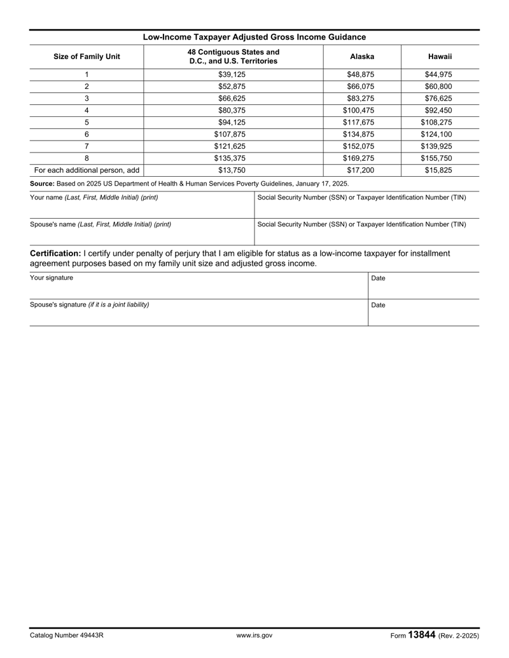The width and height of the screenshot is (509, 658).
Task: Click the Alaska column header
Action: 362,57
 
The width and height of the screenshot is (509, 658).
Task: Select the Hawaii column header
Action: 440,57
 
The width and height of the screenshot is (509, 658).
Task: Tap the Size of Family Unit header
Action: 87,57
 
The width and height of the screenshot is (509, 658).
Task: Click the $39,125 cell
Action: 232,74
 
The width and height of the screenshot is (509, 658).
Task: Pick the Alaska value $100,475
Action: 362,111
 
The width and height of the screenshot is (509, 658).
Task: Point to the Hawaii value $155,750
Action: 440,158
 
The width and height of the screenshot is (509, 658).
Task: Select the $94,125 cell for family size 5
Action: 232,123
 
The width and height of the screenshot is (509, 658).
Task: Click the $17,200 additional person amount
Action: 362,170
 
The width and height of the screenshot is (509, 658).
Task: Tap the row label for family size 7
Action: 87,146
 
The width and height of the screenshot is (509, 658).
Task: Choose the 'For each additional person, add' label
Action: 87,170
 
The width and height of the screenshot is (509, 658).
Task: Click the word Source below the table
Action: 43,183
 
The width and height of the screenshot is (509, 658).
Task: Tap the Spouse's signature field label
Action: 90,305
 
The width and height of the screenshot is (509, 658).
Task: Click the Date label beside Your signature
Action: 378,278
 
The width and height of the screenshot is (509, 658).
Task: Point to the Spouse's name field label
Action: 100,224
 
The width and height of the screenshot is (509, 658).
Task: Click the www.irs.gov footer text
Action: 254,635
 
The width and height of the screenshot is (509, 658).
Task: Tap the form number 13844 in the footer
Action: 421,634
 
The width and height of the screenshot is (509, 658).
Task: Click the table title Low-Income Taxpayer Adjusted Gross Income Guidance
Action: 254,37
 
